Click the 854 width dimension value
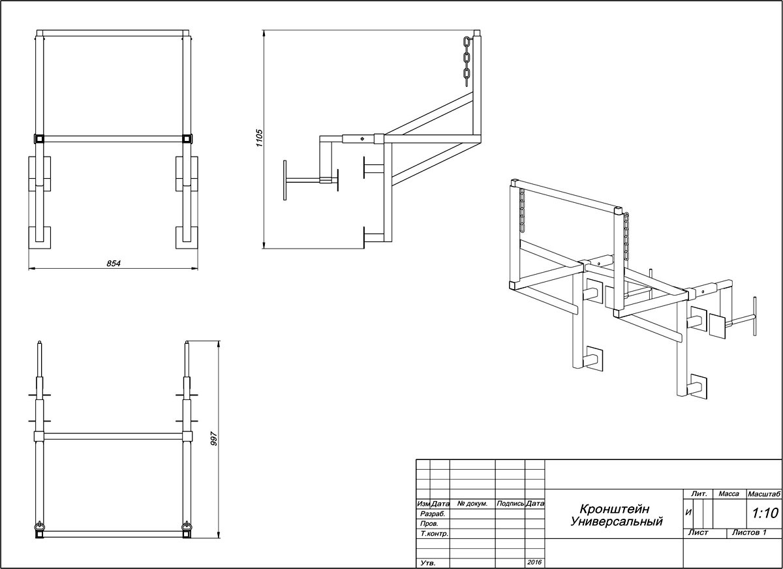(x=114, y=264)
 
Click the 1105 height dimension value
(x=259, y=138)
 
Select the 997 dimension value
(x=214, y=438)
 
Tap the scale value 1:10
(x=765, y=513)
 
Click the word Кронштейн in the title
(x=614, y=508)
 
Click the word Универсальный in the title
(x=617, y=521)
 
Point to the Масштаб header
(x=764, y=494)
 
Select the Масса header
(x=729, y=494)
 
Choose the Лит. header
(x=699, y=494)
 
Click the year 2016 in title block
(x=534, y=562)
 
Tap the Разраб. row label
(x=433, y=514)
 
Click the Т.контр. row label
(x=435, y=534)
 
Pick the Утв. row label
(x=428, y=563)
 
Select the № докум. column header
(x=472, y=504)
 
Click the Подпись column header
(x=510, y=504)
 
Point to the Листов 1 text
(x=749, y=532)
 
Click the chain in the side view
(x=467, y=61)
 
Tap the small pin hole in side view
(x=362, y=139)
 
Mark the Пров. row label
(x=429, y=523)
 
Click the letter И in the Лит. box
(x=688, y=513)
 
